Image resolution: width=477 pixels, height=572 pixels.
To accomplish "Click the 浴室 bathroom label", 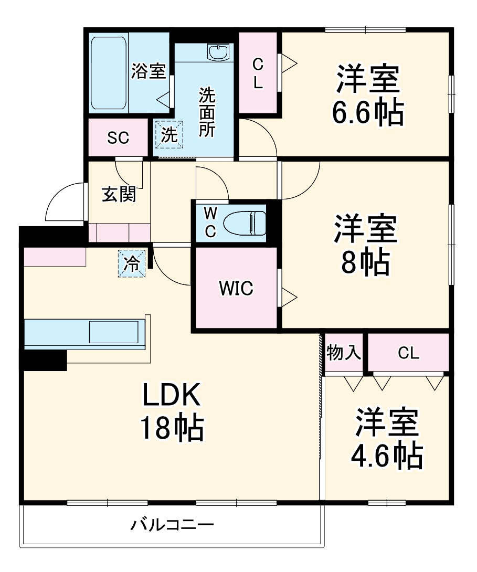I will pos(149,71).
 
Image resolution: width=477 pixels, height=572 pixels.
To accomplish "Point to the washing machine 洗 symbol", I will pos(169,135).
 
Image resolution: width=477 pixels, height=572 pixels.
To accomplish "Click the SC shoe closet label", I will pos(118,137).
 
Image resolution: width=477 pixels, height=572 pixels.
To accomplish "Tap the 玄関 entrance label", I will pos(119,194).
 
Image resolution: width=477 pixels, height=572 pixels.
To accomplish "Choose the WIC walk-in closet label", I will pos(236,288).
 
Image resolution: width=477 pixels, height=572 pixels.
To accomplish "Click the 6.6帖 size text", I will pos(367,112).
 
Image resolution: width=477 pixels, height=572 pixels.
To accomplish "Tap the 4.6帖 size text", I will pos(387,456).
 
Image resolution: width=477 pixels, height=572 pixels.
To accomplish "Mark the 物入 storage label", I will pos(344,353).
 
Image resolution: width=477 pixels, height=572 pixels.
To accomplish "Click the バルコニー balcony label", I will pos(172,525).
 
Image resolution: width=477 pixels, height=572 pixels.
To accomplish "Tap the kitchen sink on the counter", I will pos(113,332).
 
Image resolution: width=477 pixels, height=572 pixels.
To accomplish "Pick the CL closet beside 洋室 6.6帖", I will pos(258,73).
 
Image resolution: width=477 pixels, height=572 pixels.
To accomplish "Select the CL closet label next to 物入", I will pos(408,353).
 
